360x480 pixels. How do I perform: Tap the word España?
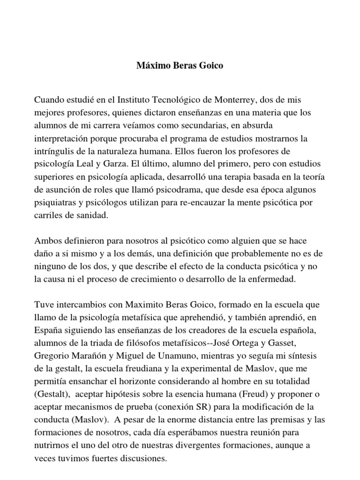click(x=49, y=329)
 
